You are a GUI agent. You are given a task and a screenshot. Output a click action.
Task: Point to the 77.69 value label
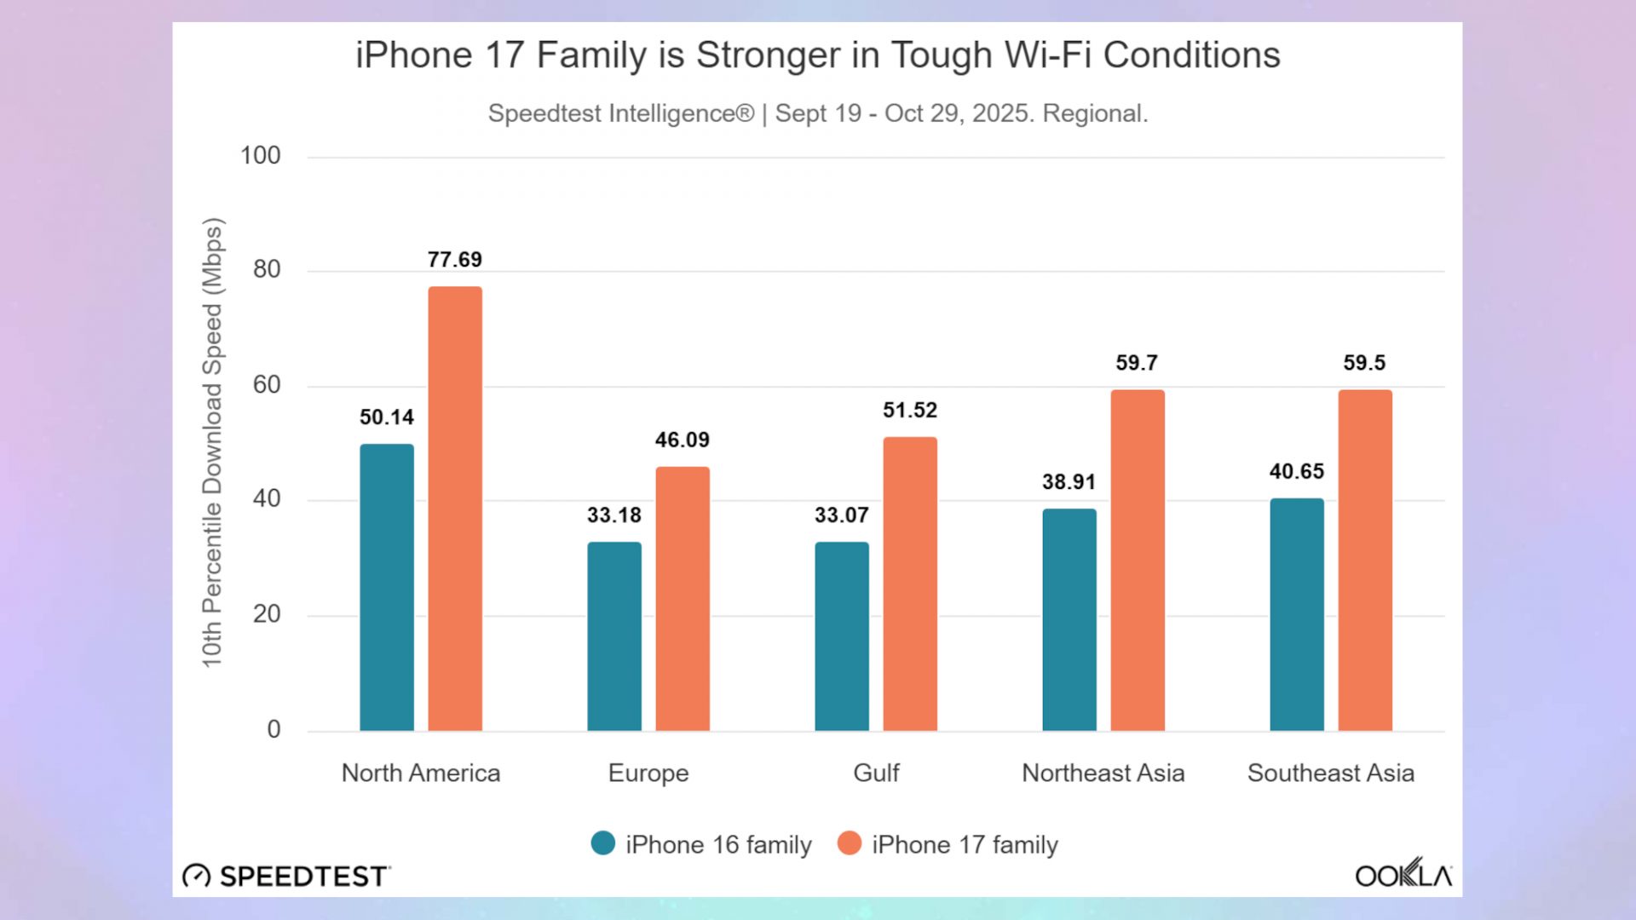(455, 260)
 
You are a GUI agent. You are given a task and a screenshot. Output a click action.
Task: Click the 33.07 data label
(842, 515)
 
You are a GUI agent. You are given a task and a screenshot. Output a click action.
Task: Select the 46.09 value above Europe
(683, 440)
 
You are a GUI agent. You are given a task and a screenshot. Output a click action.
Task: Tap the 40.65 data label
(1297, 472)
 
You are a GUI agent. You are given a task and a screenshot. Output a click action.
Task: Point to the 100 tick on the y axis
(260, 156)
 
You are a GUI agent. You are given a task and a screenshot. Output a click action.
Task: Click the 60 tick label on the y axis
(267, 385)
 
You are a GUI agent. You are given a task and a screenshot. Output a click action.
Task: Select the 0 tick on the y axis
(274, 729)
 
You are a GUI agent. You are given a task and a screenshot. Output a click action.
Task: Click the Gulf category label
(876, 773)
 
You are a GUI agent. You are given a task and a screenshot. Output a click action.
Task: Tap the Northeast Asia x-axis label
(1103, 773)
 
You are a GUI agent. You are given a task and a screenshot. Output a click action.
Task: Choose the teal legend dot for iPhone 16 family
(603, 843)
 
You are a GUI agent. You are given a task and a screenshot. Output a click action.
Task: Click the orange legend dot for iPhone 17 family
(850, 843)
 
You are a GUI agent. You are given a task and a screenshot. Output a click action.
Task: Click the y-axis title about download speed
(212, 443)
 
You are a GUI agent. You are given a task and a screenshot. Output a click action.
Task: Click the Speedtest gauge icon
(197, 876)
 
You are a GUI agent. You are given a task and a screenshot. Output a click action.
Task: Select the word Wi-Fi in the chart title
(1049, 55)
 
